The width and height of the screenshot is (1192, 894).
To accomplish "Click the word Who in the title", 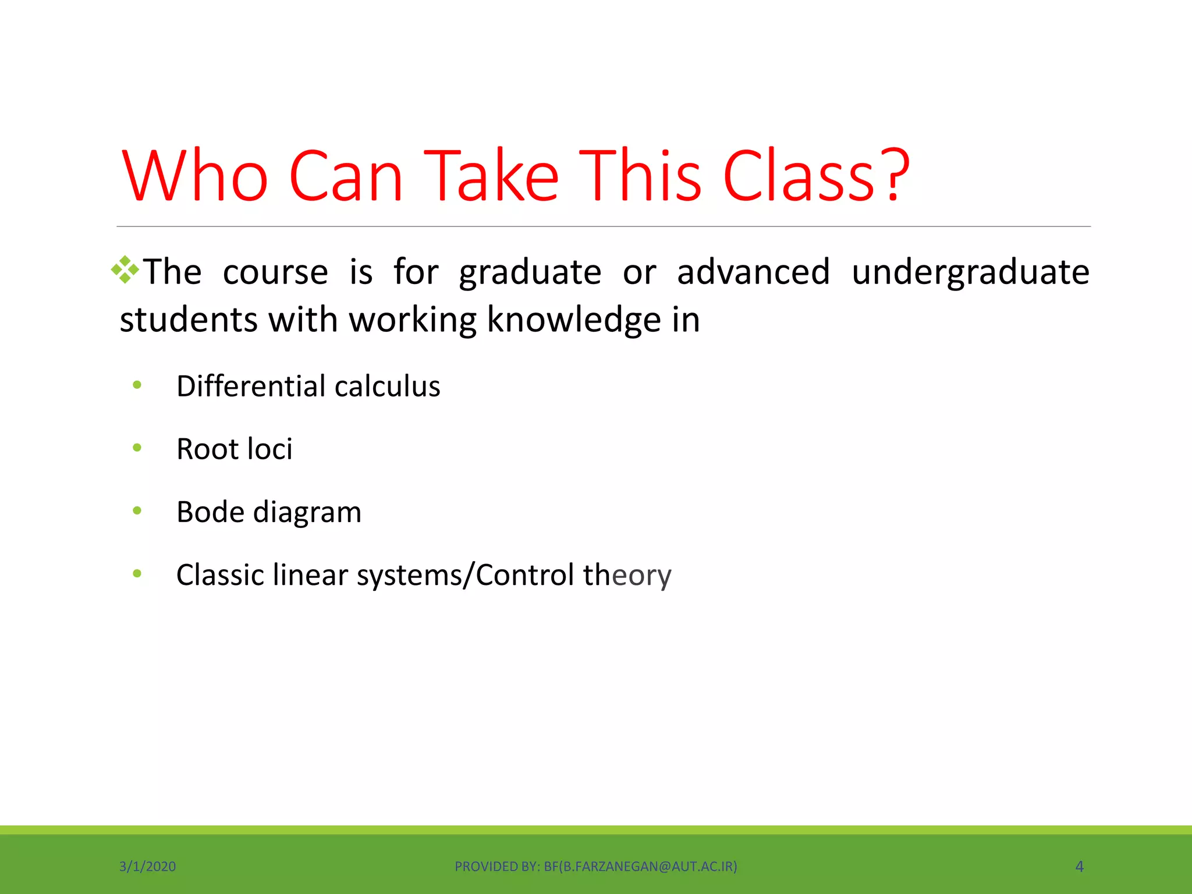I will pyautogui.click(x=195, y=176).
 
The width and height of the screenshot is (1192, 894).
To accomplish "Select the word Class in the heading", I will pyautogui.click(x=799, y=176).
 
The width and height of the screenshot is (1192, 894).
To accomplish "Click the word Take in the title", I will pyautogui.click(x=491, y=176).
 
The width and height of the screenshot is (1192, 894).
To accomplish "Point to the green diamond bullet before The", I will pyautogui.click(x=125, y=270).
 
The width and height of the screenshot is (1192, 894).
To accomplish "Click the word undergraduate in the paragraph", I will pyautogui.click(x=970, y=272).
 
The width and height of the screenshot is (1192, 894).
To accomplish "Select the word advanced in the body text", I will pyautogui.click(x=753, y=272).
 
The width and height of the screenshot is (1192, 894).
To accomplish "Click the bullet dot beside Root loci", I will pyautogui.click(x=137, y=448).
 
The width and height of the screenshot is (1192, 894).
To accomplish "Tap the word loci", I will pyautogui.click(x=269, y=449).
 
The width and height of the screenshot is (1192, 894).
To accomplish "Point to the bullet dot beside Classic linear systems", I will pyautogui.click(x=137, y=574).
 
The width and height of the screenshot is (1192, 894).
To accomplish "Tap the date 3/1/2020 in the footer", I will pyautogui.click(x=147, y=867).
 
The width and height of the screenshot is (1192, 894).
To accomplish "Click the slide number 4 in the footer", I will pyautogui.click(x=1079, y=867).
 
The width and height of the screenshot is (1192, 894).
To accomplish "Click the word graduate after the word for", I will pyautogui.click(x=530, y=272).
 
